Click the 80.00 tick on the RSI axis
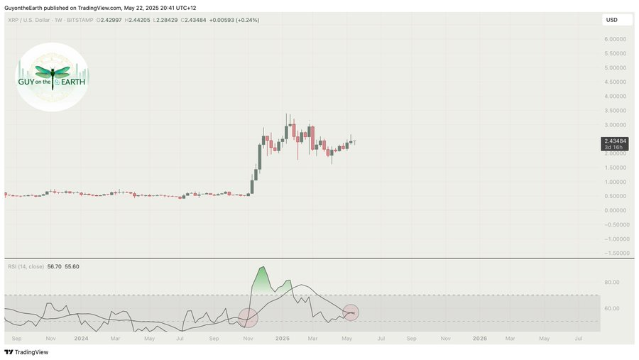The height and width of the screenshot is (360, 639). (x=612, y=283)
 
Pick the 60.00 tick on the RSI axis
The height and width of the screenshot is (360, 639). (x=612, y=308)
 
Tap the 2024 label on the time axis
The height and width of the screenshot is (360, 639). (x=81, y=339)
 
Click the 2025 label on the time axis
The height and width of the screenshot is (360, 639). (x=283, y=339)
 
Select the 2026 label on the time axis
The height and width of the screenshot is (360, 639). (x=480, y=339)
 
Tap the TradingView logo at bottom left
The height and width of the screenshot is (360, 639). (x=21, y=352)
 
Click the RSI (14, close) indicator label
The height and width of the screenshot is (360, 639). (x=26, y=266)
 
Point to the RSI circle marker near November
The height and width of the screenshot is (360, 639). (x=248, y=318)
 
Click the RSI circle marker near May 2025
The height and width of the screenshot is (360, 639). (x=351, y=312)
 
